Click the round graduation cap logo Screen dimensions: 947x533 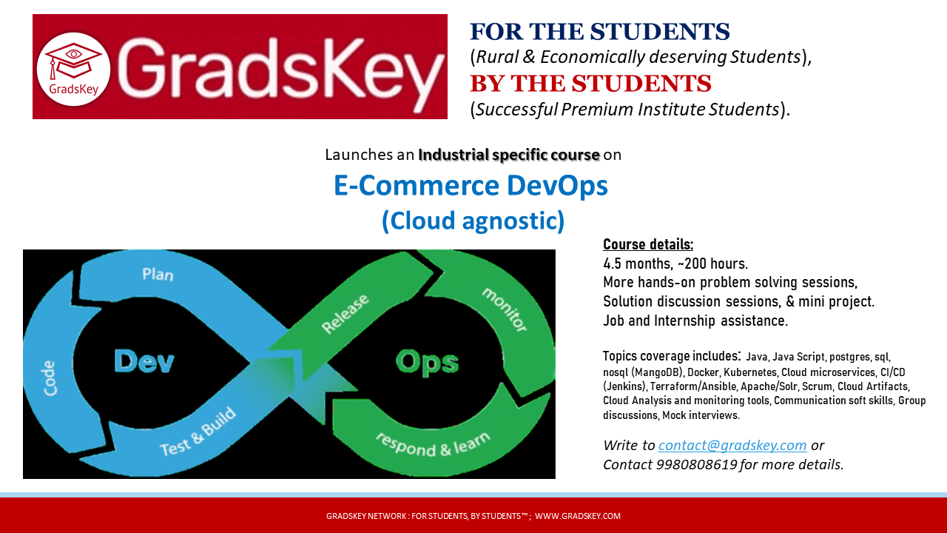[73, 69]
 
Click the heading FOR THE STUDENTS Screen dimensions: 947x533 [600, 32]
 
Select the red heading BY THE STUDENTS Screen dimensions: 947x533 [590, 84]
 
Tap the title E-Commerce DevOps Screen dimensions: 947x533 [471, 186]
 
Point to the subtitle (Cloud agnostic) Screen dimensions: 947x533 [473, 221]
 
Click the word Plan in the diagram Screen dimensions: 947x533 [158, 275]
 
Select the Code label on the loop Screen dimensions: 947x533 [50, 378]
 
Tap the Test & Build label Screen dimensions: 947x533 [198, 432]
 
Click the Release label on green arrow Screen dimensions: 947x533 [345, 313]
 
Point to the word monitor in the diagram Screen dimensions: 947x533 [505, 309]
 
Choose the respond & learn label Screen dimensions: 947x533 [433, 444]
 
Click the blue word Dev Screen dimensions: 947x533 [144, 362]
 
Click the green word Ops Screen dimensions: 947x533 [428, 362]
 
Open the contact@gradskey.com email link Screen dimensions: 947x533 [732, 446]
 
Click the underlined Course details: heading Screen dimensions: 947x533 [648, 244]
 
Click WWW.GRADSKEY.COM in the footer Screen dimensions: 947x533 [578, 516]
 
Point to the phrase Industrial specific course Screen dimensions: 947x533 [509, 155]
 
